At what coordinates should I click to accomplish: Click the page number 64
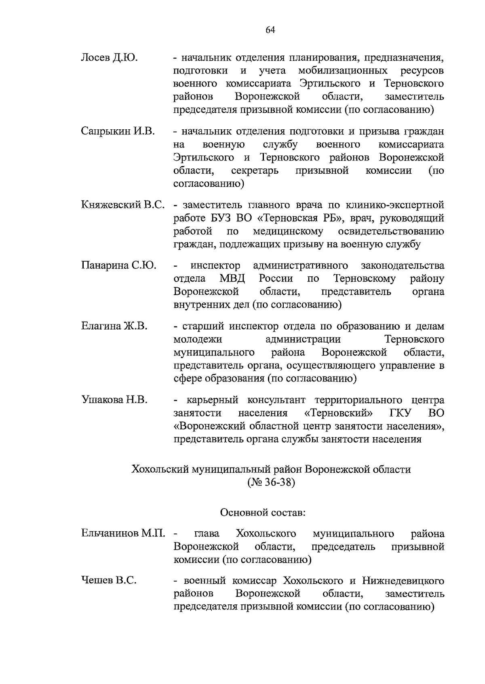coord(270,30)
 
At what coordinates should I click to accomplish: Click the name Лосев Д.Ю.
coord(109,58)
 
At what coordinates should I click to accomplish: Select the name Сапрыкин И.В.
coord(118,131)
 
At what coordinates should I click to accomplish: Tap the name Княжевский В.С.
coord(122,205)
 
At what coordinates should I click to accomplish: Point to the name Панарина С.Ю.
coord(118,265)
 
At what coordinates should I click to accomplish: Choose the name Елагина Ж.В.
coord(114,326)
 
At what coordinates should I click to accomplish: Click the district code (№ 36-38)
coord(270,482)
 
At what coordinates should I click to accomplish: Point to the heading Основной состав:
coord(262,513)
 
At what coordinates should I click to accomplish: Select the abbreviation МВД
coord(232,278)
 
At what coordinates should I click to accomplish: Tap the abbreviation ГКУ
coord(401,413)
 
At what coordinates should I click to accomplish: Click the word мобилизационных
coord(343,71)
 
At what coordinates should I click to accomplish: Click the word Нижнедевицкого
coord(403,581)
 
